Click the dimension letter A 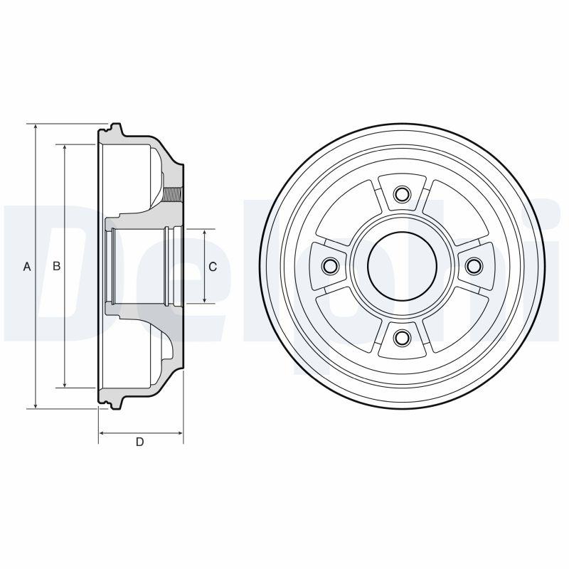27,267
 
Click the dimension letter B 57,266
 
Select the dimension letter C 213,267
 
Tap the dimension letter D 139,442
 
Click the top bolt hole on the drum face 402,193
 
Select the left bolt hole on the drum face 330,265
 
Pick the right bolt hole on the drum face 474,265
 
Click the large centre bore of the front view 402,265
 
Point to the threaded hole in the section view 173,194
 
